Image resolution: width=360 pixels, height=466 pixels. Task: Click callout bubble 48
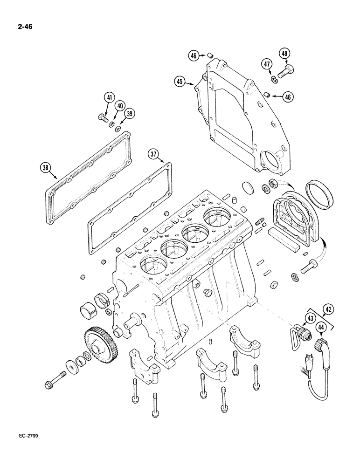284,54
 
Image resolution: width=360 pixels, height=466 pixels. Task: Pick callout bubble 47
267,65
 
